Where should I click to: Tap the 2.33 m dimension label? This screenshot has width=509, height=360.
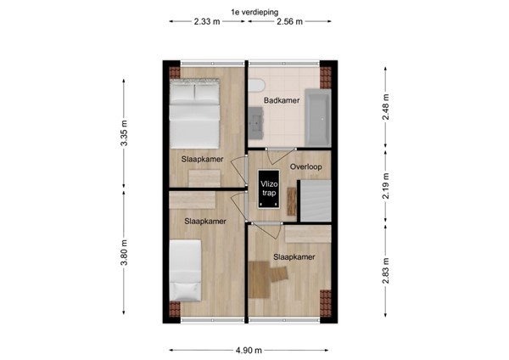pyautogui.click(x=207, y=23)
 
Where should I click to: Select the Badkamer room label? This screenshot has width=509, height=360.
pyautogui.click(x=279, y=101)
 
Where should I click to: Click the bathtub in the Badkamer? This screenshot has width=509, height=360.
pyautogui.click(x=316, y=116)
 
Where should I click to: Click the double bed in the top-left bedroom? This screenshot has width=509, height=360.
pyautogui.click(x=195, y=114)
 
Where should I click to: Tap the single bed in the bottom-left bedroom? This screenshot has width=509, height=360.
pyautogui.click(x=184, y=269)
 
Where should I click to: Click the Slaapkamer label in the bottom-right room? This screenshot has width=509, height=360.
pyautogui.click(x=294, y=256)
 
